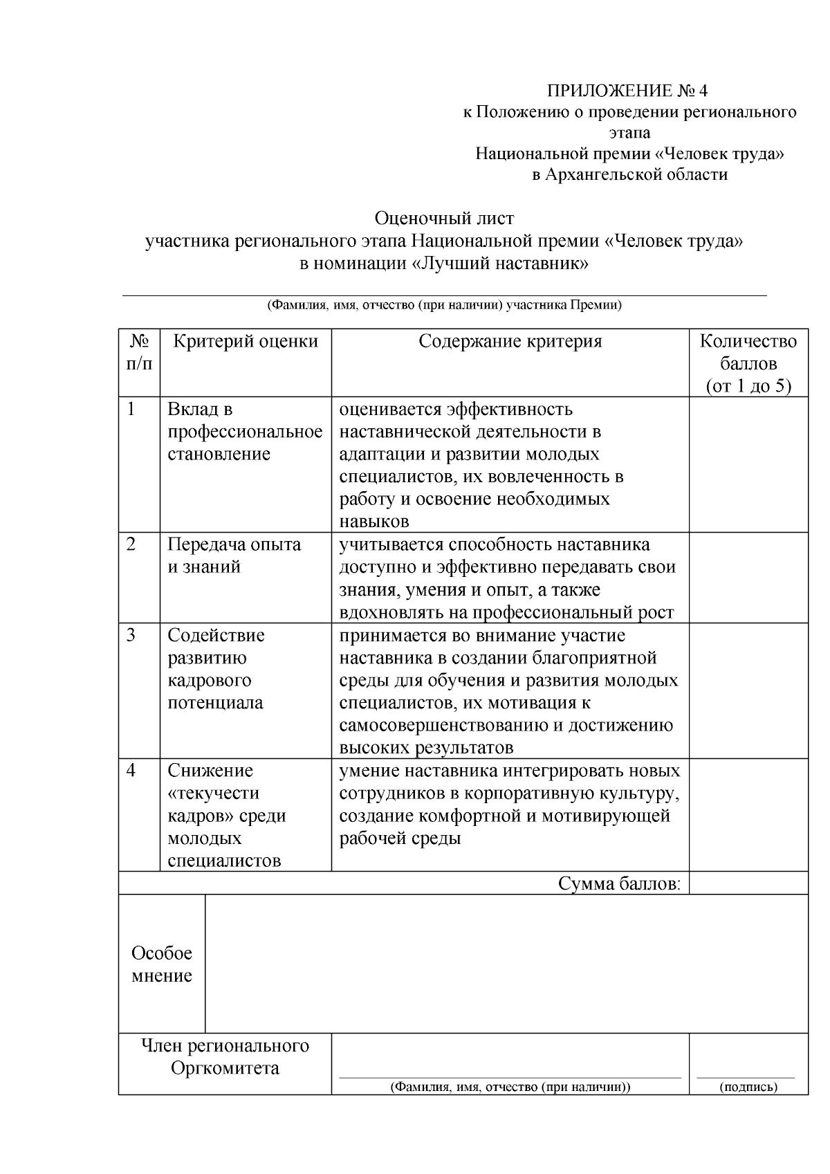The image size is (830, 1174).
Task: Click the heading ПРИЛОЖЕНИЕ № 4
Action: point(628,91)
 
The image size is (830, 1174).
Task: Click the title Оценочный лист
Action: point(444,219)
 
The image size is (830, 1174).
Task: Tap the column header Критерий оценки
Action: point(246,341)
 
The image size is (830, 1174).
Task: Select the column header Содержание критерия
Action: point(510,341)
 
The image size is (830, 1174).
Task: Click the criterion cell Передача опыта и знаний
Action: point(234,556)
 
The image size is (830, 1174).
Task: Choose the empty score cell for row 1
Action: point(748,464)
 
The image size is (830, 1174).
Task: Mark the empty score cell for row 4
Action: point(748,814)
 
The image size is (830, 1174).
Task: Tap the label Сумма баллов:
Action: point(620,883)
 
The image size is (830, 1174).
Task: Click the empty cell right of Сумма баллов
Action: point(748,883)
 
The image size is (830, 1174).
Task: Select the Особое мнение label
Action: point(162,964)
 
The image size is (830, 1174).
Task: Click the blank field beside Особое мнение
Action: point(506,964)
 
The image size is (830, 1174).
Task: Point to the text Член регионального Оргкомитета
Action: point(225,1056)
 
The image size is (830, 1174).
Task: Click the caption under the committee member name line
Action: point(510,1087)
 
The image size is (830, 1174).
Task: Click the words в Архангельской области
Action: point(629,174)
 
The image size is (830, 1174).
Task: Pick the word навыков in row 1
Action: point(374,521)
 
